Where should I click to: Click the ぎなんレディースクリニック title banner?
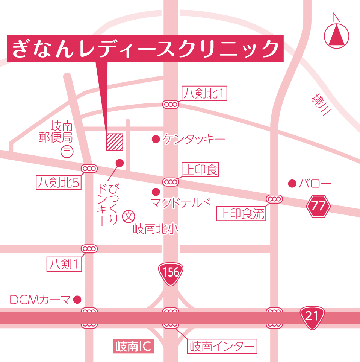pos(145,49)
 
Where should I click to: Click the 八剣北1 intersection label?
pos(205,94)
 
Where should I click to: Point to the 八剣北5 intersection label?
pos(59,183)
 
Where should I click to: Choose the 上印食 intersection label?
pos(200,170)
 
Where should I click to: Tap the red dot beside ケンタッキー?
pos(155,140)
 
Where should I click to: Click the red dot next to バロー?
pos(292,184)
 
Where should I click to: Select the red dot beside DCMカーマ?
pos(77,300)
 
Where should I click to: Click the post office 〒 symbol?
pos(67,152)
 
